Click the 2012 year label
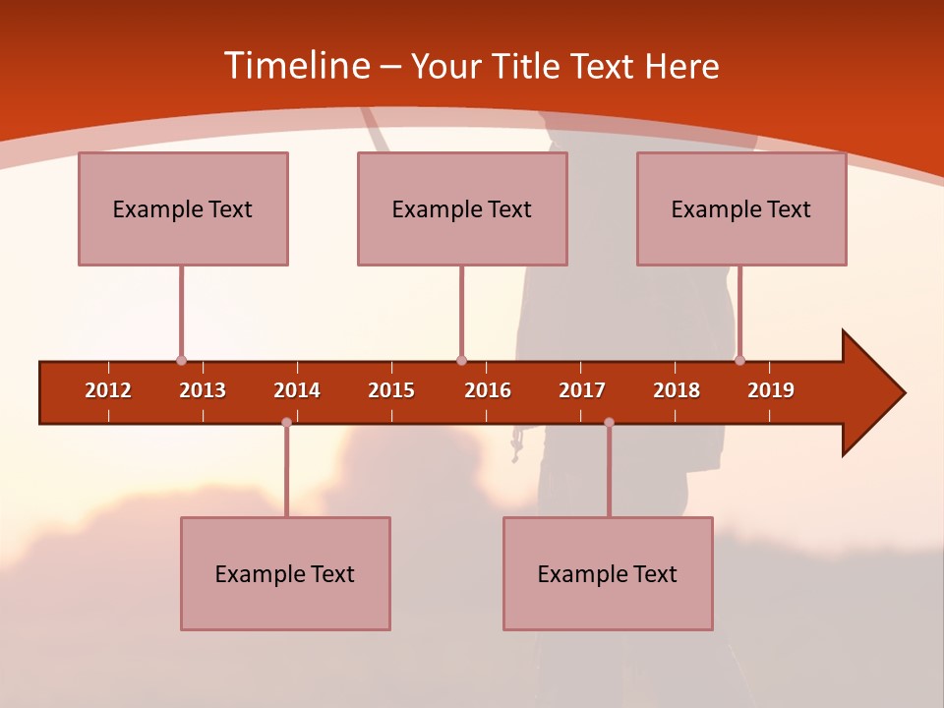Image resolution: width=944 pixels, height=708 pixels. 108,390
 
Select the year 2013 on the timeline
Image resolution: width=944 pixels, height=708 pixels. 203,390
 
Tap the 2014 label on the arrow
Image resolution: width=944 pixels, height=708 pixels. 297,390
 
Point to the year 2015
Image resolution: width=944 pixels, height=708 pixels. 391,390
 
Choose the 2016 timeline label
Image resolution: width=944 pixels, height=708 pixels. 488,390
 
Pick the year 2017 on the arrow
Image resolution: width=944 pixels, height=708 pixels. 582,390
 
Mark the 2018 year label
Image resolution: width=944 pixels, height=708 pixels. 677,390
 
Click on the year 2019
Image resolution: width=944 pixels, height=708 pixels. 771,390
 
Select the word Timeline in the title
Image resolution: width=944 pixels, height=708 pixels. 296,66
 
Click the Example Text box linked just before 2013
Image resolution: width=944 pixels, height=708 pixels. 183,208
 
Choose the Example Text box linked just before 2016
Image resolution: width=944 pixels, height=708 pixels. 462,208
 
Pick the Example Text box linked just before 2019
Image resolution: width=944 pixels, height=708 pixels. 741,208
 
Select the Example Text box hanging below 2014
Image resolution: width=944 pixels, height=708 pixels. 285,573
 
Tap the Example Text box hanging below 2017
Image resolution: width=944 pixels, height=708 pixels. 608,573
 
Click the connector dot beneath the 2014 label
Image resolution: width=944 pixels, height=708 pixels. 286,423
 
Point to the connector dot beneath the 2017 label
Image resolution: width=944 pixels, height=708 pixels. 609,423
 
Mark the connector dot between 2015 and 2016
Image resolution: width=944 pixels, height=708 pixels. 461,361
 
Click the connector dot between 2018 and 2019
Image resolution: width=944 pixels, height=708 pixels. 739,360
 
